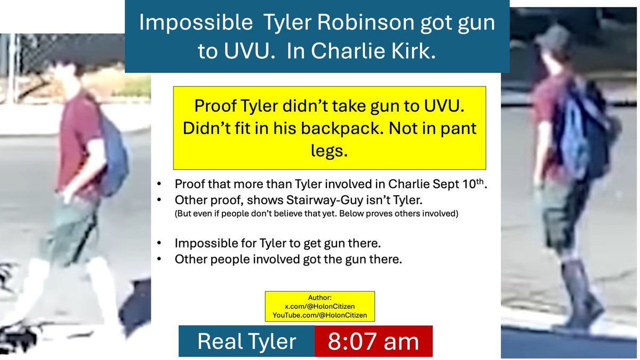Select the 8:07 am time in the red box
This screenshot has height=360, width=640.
click(373, 341)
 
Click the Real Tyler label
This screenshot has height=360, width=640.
click(246, 341)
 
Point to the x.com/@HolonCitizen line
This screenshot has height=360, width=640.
click(319, 306)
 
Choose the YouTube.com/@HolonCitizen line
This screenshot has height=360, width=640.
click(319, 315)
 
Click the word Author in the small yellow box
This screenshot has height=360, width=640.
click(319, 297)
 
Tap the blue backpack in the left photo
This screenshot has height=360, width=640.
click(113, 155)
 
